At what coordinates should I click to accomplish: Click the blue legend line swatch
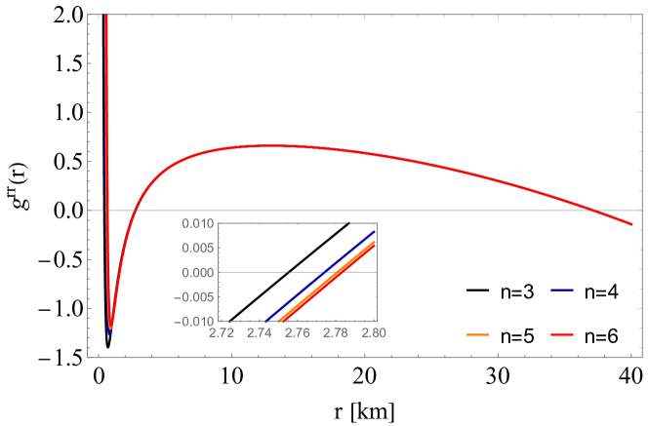coord(561,290)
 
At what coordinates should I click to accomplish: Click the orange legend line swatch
coord(477,334)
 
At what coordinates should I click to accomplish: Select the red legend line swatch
coord(561,334)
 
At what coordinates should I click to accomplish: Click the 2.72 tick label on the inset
coord(222,332)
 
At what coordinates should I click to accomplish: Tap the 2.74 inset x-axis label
coord(260,332)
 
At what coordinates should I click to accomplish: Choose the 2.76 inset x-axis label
coord(298,332)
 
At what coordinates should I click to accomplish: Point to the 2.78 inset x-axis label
coord(336,332)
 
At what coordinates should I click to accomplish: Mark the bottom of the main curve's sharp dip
coord(110,329)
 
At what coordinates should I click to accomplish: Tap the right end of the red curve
coord(631,224)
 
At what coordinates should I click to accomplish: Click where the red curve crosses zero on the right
coord(591,210)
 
